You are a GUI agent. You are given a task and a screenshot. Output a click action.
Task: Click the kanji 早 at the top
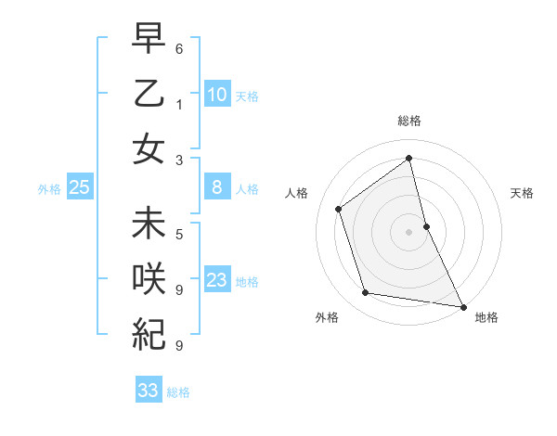(x=149, y=39)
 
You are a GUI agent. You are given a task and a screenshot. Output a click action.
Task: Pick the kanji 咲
(x=149, y=278)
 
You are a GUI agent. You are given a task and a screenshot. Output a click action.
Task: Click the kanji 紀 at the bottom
(x=149, y=333)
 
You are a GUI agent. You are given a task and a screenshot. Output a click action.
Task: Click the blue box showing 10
(x=216, y=94)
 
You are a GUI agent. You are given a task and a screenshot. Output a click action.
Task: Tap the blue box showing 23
(x=216, y=280)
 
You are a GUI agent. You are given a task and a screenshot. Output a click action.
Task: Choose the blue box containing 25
(x=79, y=188)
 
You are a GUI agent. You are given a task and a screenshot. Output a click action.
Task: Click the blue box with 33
(x=148, y=391)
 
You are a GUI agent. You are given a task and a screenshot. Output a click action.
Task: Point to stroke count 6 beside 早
(x=179, y=47)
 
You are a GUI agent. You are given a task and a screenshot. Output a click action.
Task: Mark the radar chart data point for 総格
(x=408, y=159)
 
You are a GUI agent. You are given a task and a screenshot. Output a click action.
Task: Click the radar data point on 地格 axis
(x=463, y=306)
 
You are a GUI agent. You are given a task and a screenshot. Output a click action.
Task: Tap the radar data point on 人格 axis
(x=339, y=209)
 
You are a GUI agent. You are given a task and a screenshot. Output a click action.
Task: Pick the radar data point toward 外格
(x=366, y=293)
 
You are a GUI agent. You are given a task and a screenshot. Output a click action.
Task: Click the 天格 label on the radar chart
(x=522, y=193)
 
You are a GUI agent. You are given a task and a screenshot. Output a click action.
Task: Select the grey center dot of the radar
(x=408, y=232)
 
